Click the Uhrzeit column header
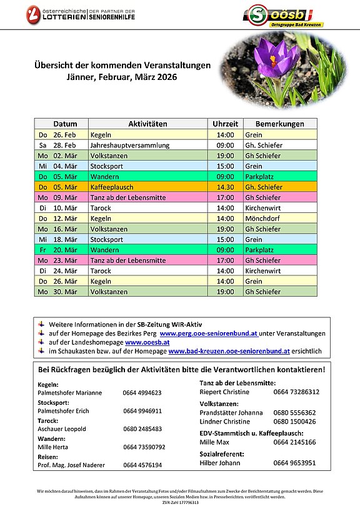(x=225, y=124)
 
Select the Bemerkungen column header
(x=279, y=124)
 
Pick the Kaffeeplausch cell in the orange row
(x=112, y=187)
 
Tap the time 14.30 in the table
(x=225, y=187)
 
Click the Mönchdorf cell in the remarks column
(x=262, y=219)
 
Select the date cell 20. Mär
(x=65, y=250)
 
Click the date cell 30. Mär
(x=65, y=292)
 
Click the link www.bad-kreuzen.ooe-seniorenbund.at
(x=229, y=351)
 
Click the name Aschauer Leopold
(x=60, y=429)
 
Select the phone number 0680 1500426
(x=294, y=422)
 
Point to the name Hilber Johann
(x=219, y=463)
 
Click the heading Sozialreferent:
(x=222, y=454)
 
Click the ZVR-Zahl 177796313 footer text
(x=180, y=502)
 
